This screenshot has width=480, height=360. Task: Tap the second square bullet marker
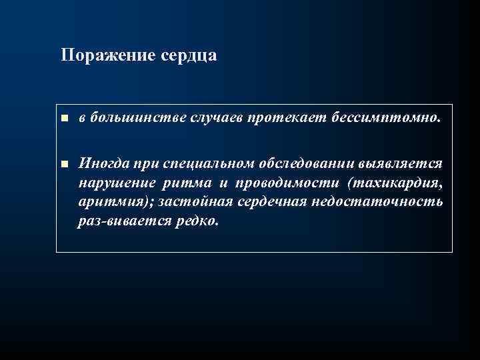point(64,163)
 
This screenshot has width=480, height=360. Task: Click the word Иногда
point(101,163)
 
